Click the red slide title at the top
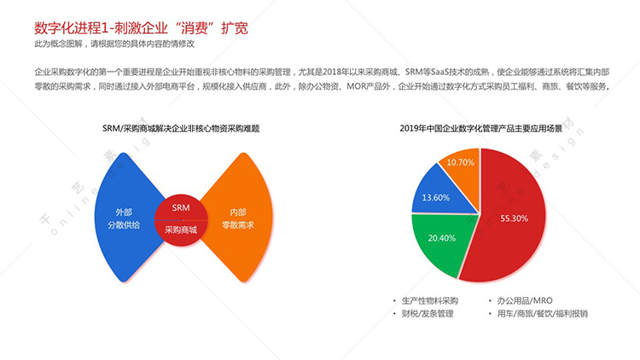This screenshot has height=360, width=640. click(141, 28)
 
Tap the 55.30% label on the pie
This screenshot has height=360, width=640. click(514, 218)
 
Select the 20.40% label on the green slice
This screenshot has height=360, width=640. click(442, 238)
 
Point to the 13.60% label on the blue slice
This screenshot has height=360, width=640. click(435, 198)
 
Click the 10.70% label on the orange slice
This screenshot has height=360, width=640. click(461, 162)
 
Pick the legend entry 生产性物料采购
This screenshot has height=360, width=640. click(430, 301)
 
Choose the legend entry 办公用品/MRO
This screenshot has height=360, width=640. click(525, 301)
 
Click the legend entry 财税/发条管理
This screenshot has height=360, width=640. click(428, 313)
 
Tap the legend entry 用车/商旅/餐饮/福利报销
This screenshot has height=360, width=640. click(542, 313)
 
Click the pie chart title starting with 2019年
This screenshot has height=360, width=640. click(480, 129)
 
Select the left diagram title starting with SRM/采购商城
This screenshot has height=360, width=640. click(181, 129)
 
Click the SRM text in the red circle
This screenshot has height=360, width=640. click(181, 208)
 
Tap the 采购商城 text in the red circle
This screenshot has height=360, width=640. click(181, 229)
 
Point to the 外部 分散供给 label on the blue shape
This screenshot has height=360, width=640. click(124, 218)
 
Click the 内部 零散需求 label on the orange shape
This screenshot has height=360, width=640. click(238, 218)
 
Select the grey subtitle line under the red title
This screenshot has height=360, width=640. click(114, 44)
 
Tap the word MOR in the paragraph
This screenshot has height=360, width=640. click(355, 86)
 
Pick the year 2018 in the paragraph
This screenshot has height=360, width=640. click(331, 73)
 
